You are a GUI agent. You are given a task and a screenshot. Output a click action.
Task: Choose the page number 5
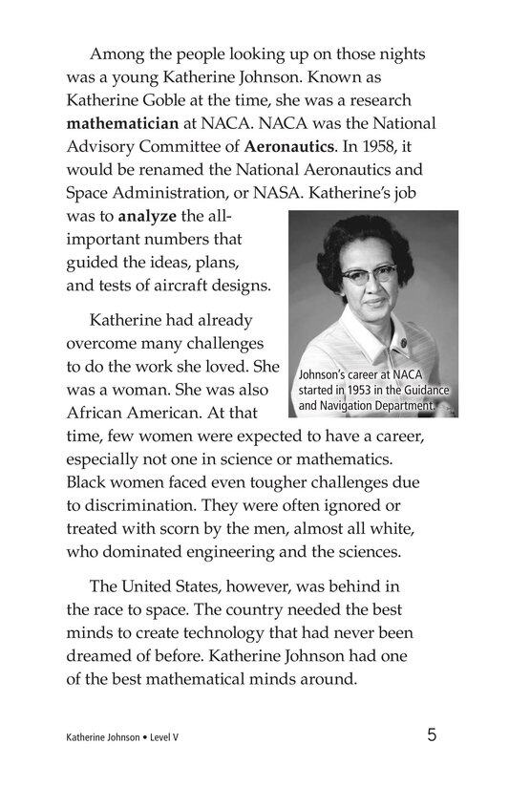pyautogui.click(x=433, y=735)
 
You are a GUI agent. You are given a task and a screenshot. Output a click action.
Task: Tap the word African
pyautogui.click(x=103, y=414)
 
